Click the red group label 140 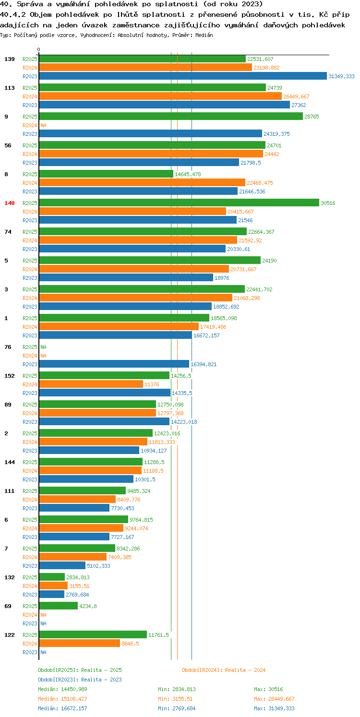10,203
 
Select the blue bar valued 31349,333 183,76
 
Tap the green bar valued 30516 179,203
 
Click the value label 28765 312,117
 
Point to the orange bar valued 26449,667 160,96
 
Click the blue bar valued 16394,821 114,364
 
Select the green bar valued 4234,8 58,606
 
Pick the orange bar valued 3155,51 53,586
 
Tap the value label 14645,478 188,174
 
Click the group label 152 10,376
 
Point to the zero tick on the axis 39,49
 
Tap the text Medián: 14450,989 62,689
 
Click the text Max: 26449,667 274,699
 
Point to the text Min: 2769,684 177,708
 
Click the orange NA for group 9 43,125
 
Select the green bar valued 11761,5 93,634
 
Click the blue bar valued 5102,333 62,565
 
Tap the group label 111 10,491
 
